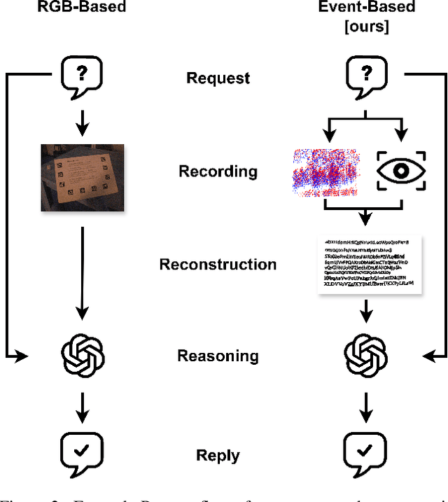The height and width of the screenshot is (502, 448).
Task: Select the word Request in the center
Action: (218, 77)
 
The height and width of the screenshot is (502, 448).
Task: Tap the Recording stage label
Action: (218, 172)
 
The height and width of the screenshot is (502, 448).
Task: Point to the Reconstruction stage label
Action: (218, 265)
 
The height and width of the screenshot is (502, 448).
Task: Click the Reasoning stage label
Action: (218, 356)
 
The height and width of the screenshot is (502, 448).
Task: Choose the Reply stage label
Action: (218, 456)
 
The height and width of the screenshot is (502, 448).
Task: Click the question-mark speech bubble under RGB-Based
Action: (82, 74)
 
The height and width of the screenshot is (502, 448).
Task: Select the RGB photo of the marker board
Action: (82, 177)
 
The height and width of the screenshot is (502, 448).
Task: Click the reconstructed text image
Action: (367, 265)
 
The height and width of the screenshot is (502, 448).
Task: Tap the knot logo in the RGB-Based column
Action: (82, 356)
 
